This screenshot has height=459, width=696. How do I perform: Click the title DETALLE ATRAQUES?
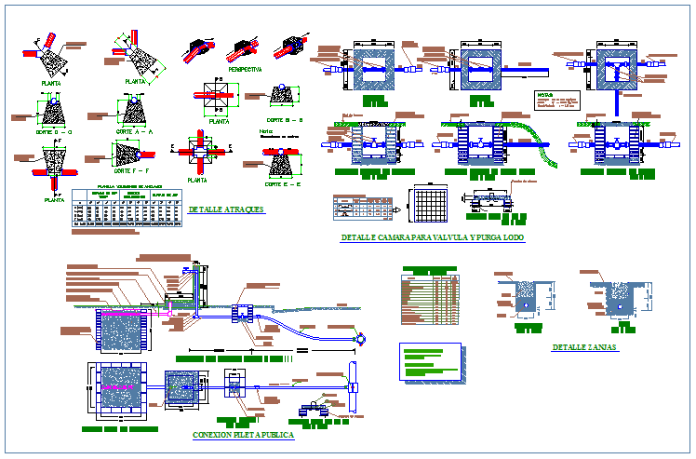(225, 209)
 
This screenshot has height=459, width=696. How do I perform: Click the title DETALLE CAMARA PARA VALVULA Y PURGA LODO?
(433, 238)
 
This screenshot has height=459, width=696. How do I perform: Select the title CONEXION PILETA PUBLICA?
(243, 435)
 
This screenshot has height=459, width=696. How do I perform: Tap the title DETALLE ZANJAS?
(583, 346)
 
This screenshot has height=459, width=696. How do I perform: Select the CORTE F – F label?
(133, 171)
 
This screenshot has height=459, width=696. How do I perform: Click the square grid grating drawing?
(431, 206)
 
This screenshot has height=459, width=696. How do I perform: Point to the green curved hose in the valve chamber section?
(551, 163)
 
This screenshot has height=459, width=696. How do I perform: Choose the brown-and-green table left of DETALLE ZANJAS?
(429, 295)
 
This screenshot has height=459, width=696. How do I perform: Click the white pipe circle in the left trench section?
(527, 304)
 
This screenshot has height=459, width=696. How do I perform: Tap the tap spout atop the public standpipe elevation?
(197, 269)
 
